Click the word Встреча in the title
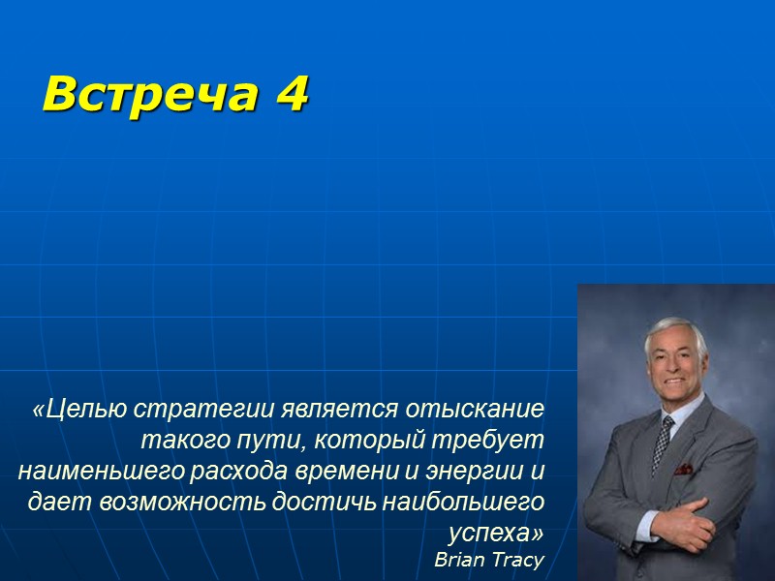(x=144, y=94)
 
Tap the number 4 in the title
(x=290, y=94)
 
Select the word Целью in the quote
(x=79, y=409)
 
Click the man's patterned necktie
(x=664, y=441)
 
